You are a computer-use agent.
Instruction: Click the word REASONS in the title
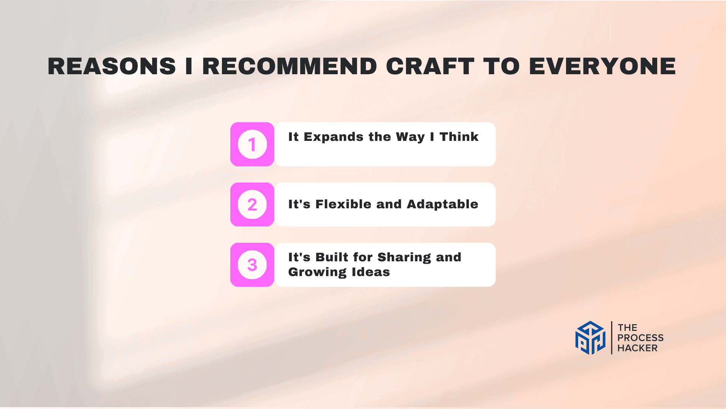pos(112,66)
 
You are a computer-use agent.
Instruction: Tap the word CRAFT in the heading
pos(430,66)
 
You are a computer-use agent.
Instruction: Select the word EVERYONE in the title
pos(602,66)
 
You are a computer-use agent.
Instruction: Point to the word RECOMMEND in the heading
pos(290,66)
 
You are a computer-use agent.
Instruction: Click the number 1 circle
pos(252,144)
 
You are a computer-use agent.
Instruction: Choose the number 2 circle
pos(252,204)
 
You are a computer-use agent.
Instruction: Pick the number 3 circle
pos(252,265)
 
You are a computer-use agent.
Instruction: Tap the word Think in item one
pos(459,137)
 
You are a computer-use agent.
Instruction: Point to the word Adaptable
pos(442,204)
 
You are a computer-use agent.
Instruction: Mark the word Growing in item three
pos(317,272)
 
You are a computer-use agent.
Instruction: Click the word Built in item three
pos(332,257)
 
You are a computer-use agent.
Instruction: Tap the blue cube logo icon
pos(590,338)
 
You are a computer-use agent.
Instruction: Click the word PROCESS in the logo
pos(640,338)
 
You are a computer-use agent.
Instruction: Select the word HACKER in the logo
pos(637,348)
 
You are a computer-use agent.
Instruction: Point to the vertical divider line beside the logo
pos(611,338)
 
